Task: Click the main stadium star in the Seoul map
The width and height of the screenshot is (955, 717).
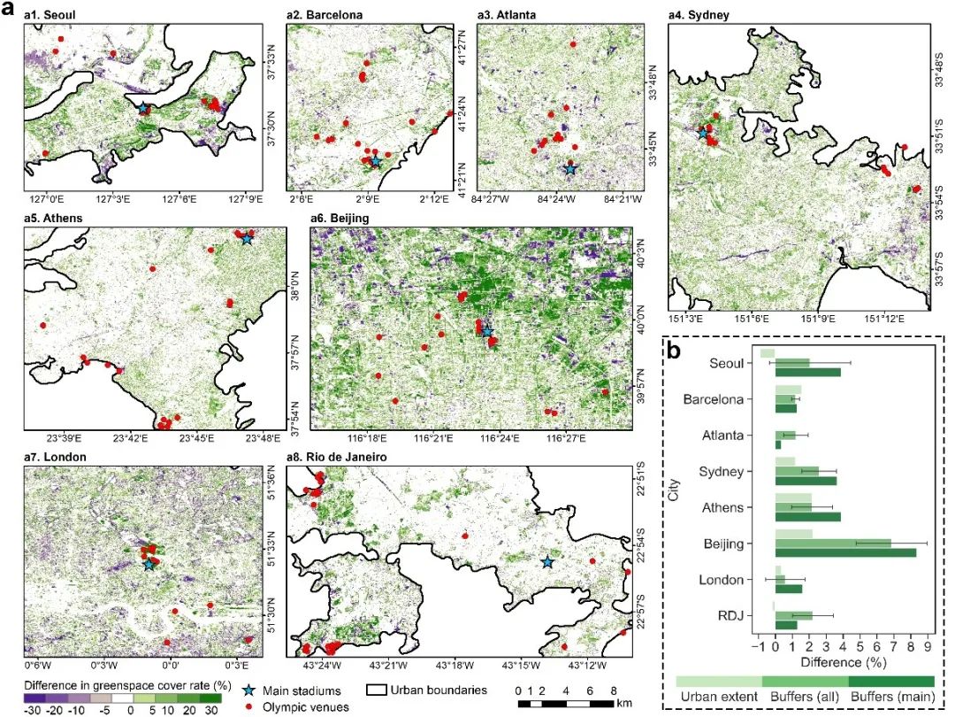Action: pos(143,108)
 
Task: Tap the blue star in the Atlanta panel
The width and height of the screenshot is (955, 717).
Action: pos(570,167)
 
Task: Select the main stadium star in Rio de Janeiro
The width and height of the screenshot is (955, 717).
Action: pos(546,561)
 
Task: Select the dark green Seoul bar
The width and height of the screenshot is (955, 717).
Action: pos(807,372)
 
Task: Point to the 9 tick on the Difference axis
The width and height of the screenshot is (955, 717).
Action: pos(927,646)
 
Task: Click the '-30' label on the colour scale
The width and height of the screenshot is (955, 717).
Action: pos(31,709)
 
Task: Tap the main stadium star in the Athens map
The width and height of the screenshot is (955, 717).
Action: pos(246,238)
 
